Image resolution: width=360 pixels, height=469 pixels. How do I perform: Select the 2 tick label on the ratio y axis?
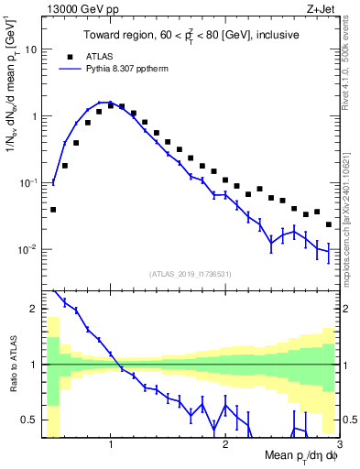pos(34,309)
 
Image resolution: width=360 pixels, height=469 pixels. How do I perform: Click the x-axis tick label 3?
pos(339,444)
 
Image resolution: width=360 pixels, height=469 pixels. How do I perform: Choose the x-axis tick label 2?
pos(225,444)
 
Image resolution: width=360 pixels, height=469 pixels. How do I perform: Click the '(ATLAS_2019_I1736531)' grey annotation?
pos(190,273)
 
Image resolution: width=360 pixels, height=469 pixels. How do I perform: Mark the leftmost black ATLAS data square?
pos(53,210)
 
